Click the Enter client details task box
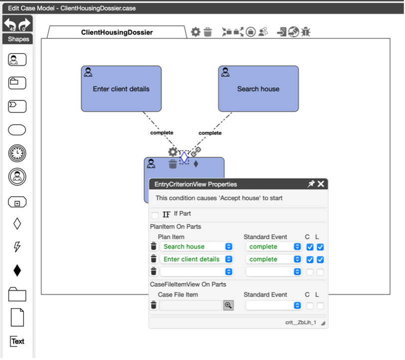click(x=121, y=89)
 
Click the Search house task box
click(x=258, y=89)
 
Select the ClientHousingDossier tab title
click(x=117, y=32)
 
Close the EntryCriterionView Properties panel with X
click(x=321, y=184)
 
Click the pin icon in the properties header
click(x=311, y=184)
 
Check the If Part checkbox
click(x=155, y=215)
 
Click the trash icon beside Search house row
click(x=154, y=247)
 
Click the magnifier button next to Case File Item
click(x=228, y=306)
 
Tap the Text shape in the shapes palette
click(x=17, y=342)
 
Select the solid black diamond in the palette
click(x=17, y=271)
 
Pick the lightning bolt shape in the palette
click(x=17, y=247)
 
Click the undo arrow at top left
click(x=10, y=23)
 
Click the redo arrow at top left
click(x=24, y=23)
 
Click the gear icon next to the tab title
click(x=196, y=32)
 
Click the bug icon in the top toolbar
click(x=306, y=32)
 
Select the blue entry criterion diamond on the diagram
click(x=184, y=157)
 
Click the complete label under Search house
click(x=210, y=133)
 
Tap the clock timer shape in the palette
click(x=17, y=154)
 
